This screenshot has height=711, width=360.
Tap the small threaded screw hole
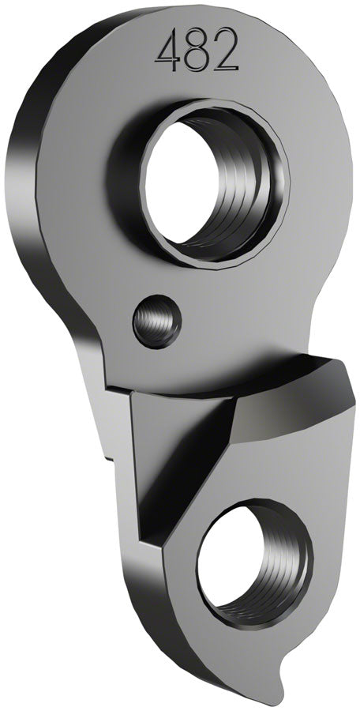tap(157, 321)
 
